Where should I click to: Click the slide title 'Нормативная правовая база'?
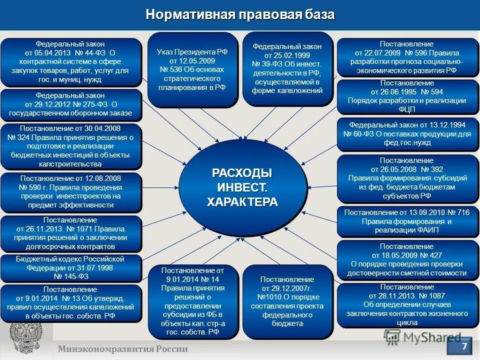[240, 14]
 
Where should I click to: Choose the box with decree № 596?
[407, 57]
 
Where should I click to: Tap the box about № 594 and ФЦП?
[407, 96]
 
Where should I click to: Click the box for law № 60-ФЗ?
[407, 134]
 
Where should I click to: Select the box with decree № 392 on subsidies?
[407, 177]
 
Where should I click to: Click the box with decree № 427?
[407, 259]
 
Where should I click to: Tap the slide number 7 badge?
[463, 346]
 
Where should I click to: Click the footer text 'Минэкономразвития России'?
[122, 349]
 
